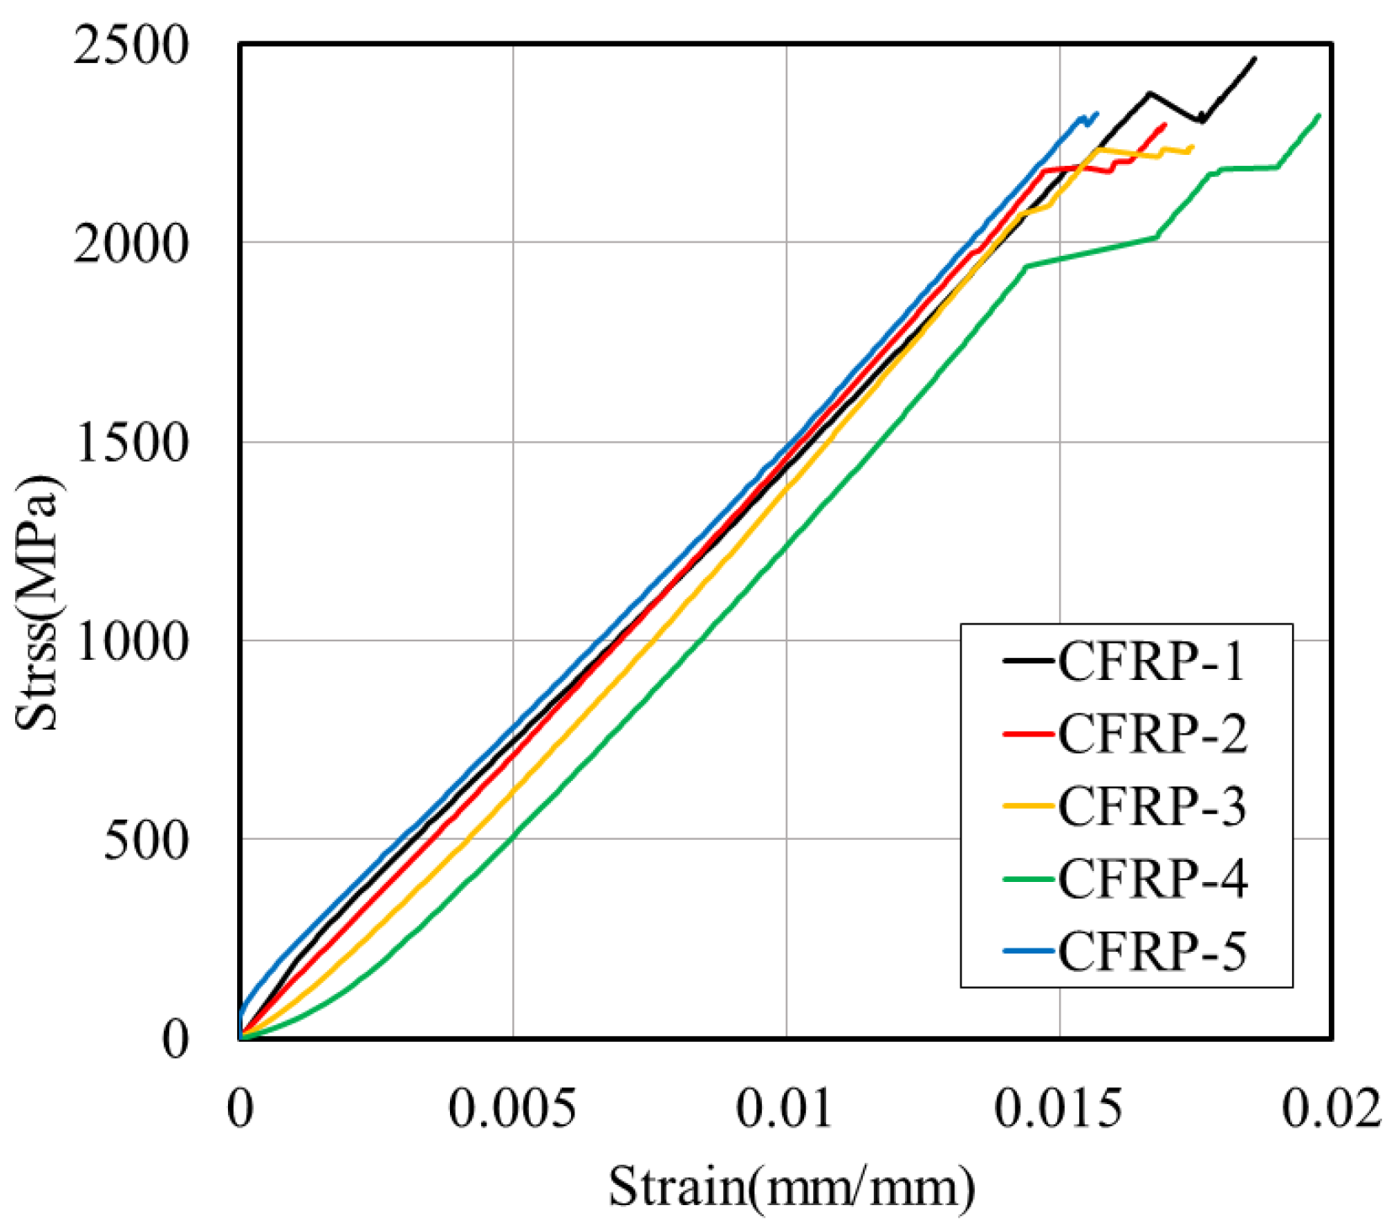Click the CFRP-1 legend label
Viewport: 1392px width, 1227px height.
[x=1151, y=661]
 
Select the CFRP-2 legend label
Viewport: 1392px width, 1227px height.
[x=1151, y=734]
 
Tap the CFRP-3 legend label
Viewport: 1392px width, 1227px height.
[x=1151, y=806]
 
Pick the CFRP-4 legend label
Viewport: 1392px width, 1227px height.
[x=1151, y=879]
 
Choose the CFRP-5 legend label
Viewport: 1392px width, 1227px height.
[x=1151, y=951]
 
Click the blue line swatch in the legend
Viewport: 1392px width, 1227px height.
[x=1028, y=951]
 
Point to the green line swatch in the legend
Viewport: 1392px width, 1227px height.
[x=1028, y=879]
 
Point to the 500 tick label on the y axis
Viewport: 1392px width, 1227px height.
[x=144, y=840]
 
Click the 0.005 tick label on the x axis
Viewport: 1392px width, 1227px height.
[x=512, y=1109]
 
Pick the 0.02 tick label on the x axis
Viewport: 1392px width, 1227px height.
[x=1331, y=1109]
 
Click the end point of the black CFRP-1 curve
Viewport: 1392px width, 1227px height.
[x=1254, y=58]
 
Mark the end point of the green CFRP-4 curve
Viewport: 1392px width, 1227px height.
[x=1318, y=115]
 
